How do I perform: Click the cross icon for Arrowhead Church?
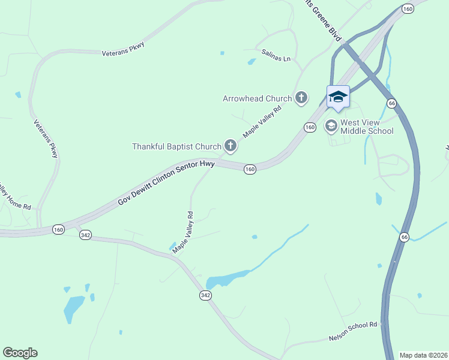click(x=301, y=97)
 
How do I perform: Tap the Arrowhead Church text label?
click(x=257, y=98)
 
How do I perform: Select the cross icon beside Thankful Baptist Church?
click(x=230, y=145)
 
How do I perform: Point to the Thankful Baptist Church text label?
click(x=176, y=146)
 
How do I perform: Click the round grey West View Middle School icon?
click(x=331, y=126)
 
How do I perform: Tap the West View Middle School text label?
click(x=367, y=127)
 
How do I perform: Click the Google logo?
click(x=20, y=353)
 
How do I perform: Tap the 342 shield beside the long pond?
click(x=205, y=295)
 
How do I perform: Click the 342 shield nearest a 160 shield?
click(x=85, y=235)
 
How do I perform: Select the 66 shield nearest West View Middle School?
click(x=391, y=103)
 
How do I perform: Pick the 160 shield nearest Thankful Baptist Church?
click(x=250, y=170)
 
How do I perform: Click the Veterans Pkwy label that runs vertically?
click(x=46, y=139)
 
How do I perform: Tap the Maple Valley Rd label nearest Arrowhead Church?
click(x=262, y=121)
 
